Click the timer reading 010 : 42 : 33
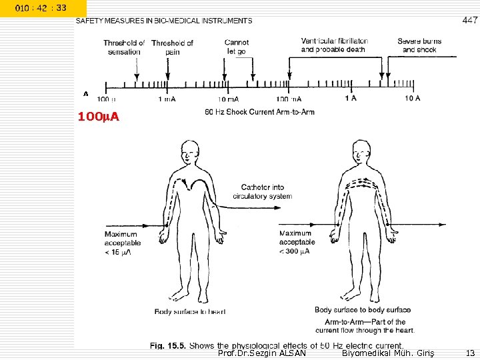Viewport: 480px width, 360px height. coord(41,7)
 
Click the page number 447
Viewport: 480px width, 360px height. coord(470,21)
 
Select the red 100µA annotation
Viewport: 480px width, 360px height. coord(99,117)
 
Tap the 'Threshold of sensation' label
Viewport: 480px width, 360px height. coord(123,47)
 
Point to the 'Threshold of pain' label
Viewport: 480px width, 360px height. coord(172,47)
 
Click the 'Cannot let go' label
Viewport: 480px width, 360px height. coord(237,47)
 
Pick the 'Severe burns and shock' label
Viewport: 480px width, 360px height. coord(419,45)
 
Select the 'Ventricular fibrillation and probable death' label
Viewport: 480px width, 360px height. coord(335,45)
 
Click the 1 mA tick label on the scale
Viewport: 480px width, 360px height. coord(167,99)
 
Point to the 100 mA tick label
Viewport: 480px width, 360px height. coord(289,99)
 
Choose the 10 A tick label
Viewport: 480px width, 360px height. coord(413,99)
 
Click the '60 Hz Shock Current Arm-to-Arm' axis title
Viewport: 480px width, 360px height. coord(259,111)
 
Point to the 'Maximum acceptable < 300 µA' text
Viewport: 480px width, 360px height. coord(297,242)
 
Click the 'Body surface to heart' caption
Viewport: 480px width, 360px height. coord(190,311)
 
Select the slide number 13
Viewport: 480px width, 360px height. coord(470,353)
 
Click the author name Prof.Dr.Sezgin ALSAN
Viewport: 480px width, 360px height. coord(262,353)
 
